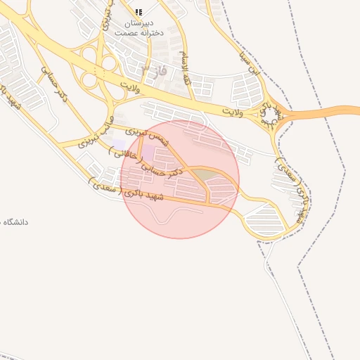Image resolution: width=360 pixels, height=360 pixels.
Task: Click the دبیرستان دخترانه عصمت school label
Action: [x=138, y=27]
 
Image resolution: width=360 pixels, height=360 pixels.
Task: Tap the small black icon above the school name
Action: [x=139, y=12]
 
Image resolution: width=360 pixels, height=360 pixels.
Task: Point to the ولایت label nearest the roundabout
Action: [x=231, y=112]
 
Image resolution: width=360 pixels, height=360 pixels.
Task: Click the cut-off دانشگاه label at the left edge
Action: [x=14, y=222]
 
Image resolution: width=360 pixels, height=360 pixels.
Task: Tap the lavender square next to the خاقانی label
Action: [x=118, y=146]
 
